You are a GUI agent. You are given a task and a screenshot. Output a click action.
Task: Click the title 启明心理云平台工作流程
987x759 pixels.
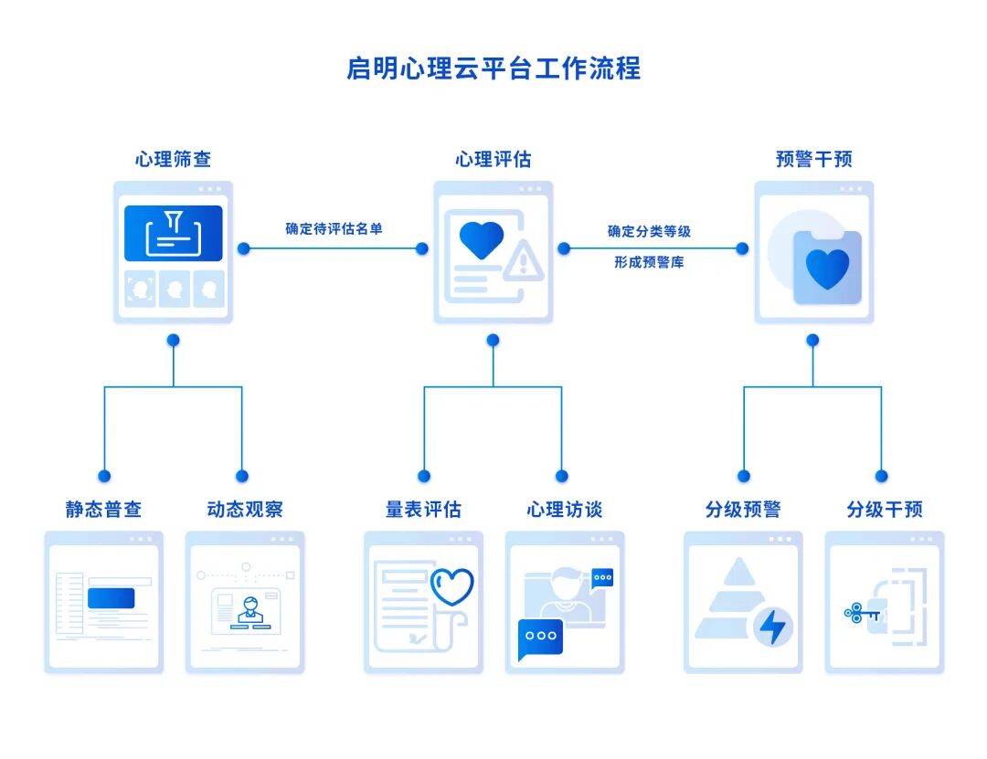tap(493, 69)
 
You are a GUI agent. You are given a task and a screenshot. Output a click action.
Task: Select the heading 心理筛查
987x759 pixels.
tap(174, 159)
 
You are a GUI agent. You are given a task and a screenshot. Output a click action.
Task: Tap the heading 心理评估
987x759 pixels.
tap(493, 159)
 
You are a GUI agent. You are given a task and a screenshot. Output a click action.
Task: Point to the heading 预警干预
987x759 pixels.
tap(813, 159)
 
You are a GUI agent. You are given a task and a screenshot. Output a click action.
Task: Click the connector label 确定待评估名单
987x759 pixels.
tap(334, 228)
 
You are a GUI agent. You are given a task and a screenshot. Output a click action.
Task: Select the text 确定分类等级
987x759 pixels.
tap(649, 231)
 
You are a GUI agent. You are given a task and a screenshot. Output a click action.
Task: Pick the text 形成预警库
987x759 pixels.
tap(649, 262)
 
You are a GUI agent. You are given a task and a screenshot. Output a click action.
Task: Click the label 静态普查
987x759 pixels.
tap(103, 509)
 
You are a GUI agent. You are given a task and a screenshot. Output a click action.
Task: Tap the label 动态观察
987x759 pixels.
tap(245, 509)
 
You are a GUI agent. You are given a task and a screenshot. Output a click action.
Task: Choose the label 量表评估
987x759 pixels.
tap(423, 509)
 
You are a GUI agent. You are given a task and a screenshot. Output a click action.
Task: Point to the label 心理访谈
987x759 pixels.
tap(565, 509)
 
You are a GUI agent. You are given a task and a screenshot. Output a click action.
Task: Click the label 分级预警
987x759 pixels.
tap(743, 509)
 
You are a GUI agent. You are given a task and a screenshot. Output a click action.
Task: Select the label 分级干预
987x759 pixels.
tap(885, 509)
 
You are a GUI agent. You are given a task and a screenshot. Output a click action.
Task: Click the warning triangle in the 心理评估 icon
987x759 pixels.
tap(523, 263)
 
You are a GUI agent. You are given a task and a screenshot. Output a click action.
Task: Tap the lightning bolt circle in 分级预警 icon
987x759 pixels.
tap(773, 627)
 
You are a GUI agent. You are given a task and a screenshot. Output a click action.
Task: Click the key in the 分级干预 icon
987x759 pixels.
tap(862, 613)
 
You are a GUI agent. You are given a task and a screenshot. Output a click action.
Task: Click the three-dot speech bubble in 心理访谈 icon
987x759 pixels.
tap(540, 638)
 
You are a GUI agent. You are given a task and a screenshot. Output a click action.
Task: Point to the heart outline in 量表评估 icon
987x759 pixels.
tap(451, 586)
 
